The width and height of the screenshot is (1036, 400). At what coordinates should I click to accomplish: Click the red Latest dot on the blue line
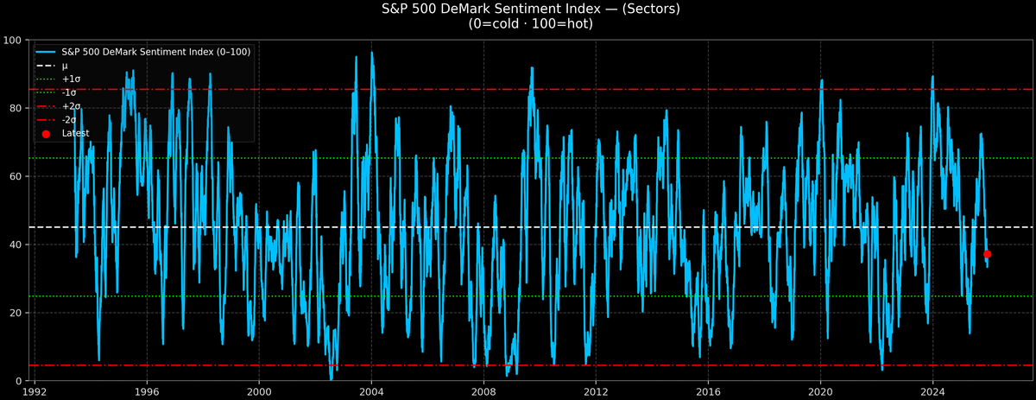(987, 254)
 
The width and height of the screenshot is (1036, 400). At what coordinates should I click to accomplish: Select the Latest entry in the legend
(75, 133)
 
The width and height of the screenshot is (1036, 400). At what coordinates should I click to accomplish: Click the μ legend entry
(65, 66)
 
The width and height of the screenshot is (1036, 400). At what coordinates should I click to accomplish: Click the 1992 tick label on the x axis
(35, 390)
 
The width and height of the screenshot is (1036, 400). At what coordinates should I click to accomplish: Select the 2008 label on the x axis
(483, 390)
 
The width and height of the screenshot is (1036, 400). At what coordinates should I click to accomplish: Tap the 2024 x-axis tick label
(932, 390)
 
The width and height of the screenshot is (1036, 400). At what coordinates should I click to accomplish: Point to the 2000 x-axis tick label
(259, 390)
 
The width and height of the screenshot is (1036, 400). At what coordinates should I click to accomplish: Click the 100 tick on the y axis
(13, 40)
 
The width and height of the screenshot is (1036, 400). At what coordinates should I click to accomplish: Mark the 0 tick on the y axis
(19, 381)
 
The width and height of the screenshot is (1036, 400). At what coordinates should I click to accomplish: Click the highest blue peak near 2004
(372, 53)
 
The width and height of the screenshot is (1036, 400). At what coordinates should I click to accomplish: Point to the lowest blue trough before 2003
(331, 378)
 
